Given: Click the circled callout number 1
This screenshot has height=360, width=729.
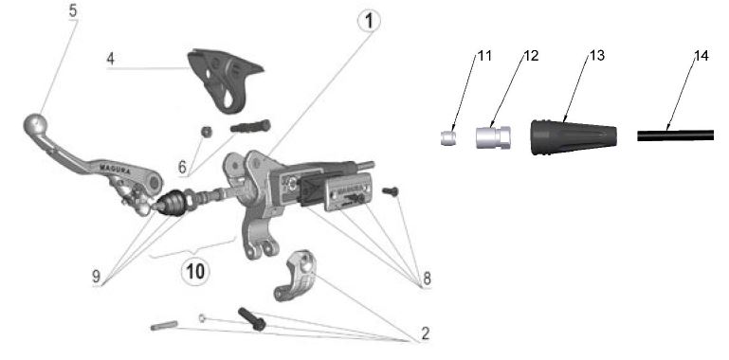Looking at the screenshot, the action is pos(369,22).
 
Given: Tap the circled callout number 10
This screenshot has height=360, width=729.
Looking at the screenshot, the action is pos(194,271).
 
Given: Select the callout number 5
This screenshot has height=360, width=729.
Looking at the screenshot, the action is pos(73,10).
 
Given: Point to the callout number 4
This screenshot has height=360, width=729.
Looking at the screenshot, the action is pos(110,60).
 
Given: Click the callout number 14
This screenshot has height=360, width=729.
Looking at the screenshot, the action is pos(702,56).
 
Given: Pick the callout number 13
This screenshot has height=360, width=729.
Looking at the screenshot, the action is pos(597,56).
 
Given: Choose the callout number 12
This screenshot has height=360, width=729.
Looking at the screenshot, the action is pos(531,56).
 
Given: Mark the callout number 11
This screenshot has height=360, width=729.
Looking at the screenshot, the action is pos(484,56).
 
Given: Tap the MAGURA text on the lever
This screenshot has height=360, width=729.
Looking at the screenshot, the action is pos(116,168).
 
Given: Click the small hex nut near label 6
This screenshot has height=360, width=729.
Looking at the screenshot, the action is pos(207,132).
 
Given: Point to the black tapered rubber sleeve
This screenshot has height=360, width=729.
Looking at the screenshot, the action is pos(574,137).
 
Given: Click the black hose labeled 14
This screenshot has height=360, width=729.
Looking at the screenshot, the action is pos(675,135).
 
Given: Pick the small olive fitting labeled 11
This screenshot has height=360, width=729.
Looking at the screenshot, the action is pos(448,138).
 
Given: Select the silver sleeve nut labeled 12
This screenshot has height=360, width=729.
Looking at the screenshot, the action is pos(493,137).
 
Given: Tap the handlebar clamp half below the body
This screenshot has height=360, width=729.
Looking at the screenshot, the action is pos(295,275).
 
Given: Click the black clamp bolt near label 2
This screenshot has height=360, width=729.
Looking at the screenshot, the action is pos(251,319).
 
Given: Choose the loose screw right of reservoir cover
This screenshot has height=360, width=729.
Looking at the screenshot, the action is pos(390,191).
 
